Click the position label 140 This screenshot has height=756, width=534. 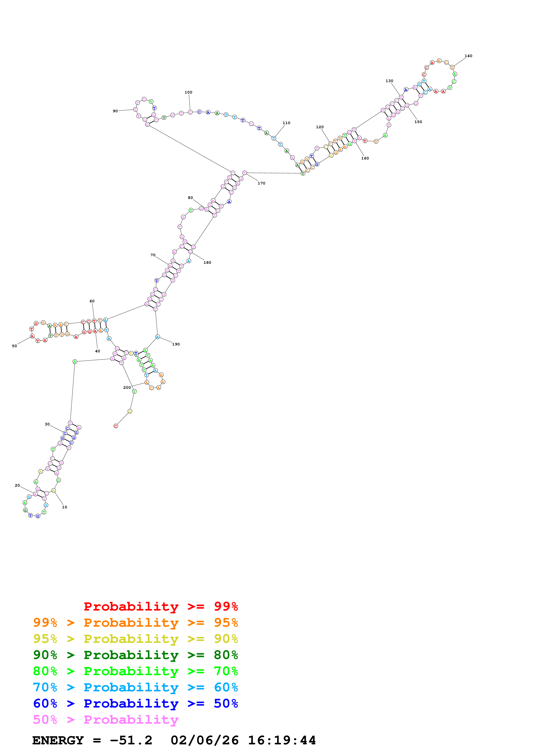(468, 56)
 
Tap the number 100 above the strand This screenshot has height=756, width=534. (188, 92)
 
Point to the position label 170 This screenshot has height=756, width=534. (261, 183)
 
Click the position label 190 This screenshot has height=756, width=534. (176, 344)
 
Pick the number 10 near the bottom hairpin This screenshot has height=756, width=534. (64, 507)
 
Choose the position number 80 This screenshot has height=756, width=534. (190, 198)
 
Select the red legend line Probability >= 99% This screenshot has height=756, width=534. (160, 606)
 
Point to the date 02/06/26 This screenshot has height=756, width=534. (204, 740)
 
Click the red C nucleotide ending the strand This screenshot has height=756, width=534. (115, 426)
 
